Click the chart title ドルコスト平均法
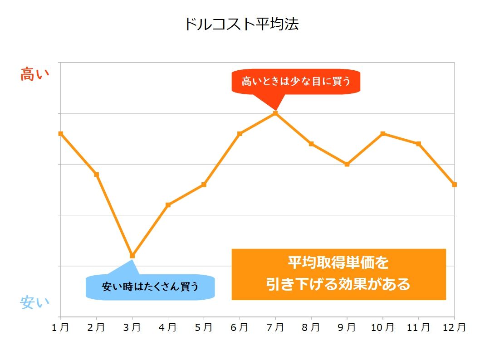241,24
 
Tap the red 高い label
34,74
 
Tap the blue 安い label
34,302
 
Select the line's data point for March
132,256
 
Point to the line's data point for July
275,113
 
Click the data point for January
61,133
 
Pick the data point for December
454,185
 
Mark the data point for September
347,164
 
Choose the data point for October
383,133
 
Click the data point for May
204,185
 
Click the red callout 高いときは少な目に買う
296,82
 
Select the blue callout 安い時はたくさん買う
150,287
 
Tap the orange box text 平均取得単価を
338,263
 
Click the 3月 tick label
132,327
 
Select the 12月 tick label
454,327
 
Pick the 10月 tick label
383,327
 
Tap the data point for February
96,174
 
